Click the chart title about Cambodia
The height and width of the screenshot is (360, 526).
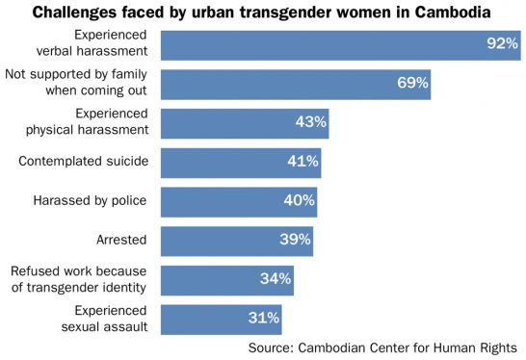click(x=263, y=13)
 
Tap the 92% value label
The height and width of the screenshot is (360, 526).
click(x=501, y=44)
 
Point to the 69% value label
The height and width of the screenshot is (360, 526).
click(x=412, y=83)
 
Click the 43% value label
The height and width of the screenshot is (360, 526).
click(x=311, y=122)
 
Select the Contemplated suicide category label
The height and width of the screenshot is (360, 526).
click(x=84, y=161)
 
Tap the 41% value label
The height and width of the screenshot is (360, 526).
click(x=302, y=162)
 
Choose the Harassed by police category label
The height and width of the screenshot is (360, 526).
click(x=90, y=200)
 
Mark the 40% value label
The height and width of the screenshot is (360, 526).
click(x=299, y=200)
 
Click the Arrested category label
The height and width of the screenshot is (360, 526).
click(x=121, y=239)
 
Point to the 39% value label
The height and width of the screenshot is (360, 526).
click(x=295, y=240)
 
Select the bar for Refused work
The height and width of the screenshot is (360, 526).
click(x=226, y=279)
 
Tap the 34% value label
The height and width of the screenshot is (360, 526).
click(x=276, y=279)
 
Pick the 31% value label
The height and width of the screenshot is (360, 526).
click(x=264, y=318)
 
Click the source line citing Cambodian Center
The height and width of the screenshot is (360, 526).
click(x=382, y=347)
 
